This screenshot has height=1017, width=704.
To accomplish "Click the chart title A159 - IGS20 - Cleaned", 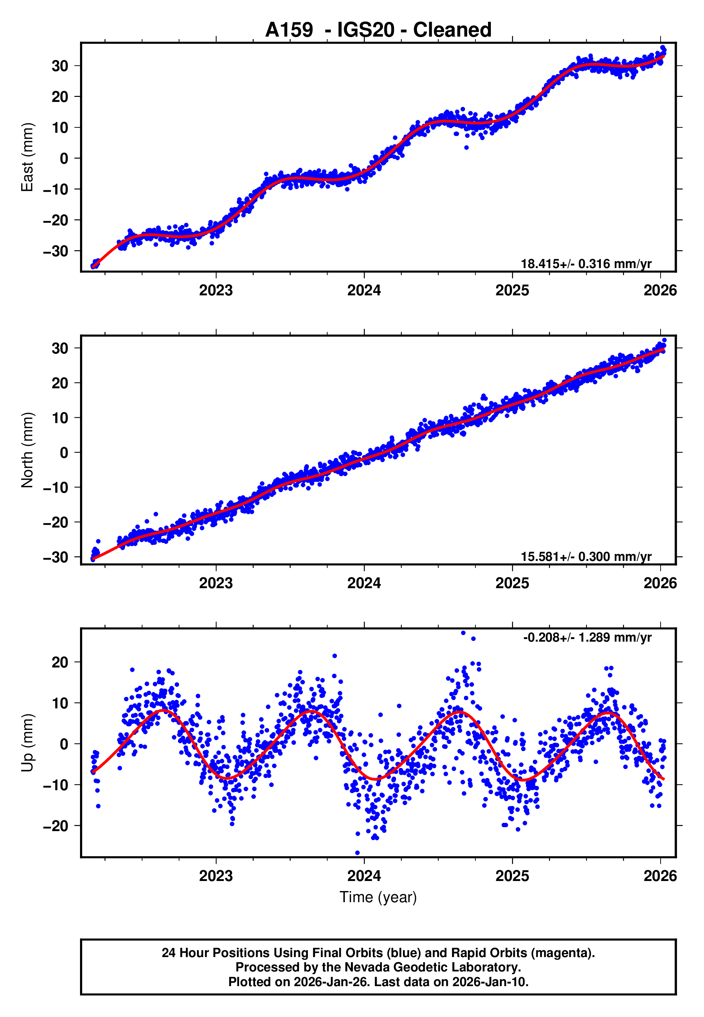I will (378, 30).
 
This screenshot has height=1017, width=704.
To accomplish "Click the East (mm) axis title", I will (27, 157).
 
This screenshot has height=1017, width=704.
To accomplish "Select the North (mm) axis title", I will (27, 450).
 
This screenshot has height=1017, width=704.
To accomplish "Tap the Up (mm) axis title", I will (27, 743).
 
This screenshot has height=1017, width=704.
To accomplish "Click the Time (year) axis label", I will (378, 897).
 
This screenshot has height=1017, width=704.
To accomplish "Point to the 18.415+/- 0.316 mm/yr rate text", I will (586, 264).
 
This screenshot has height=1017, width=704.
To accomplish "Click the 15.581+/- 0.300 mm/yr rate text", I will (586, 557).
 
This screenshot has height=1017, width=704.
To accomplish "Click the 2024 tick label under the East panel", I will (364, 290).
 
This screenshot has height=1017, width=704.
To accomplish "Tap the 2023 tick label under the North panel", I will (216, 583).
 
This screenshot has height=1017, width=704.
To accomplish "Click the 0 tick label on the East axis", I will (64, 158).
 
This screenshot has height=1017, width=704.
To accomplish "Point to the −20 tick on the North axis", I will (56, 522).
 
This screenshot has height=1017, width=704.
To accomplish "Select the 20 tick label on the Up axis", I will (60, 662).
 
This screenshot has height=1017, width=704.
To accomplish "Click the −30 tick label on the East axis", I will (56, 251).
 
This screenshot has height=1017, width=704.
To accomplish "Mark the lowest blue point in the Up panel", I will (357, 853).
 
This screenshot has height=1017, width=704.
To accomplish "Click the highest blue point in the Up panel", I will (463, 633).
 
